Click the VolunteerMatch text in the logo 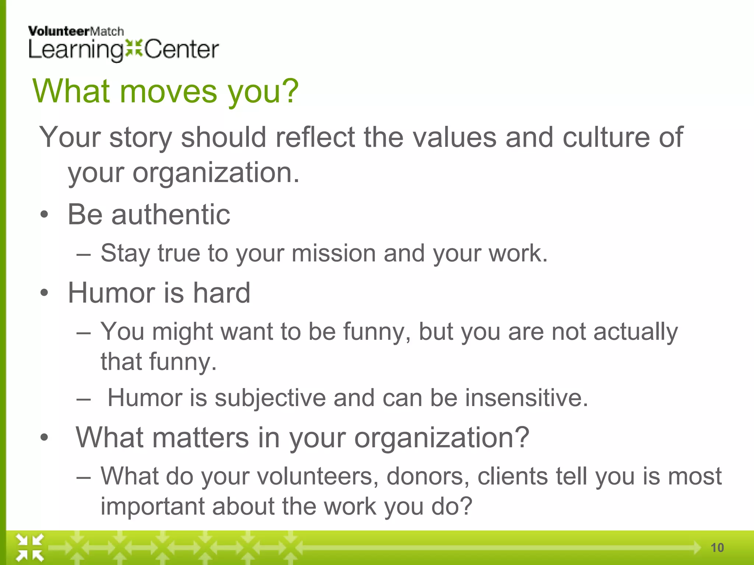[x=76, y=32]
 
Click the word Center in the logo [x=182, y=50]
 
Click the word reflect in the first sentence [x=315, y=137]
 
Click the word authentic [x=171, y=214]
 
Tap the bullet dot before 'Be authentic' [x=45, y=215]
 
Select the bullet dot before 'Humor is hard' [x=45, y=293]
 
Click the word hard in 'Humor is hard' [x=222, y=293]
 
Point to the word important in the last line [x=152, y=507]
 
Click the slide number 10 [x=717, y=548]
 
